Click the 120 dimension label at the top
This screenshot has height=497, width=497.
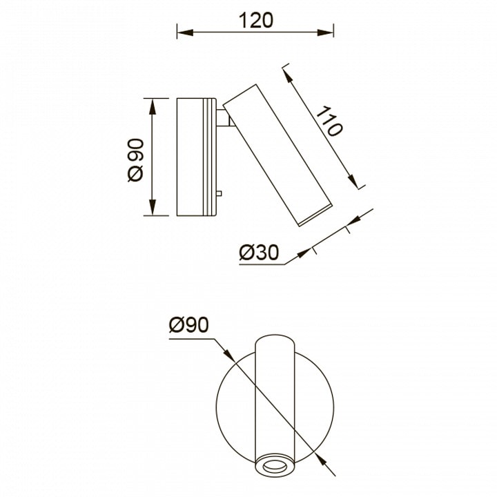[255, 20]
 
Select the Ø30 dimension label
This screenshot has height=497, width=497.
[259, 253]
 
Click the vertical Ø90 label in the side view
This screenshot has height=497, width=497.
[135, 159]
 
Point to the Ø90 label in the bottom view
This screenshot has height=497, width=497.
[189, 325]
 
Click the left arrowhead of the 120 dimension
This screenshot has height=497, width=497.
[185, 32]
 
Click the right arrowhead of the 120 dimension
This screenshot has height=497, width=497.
[325, 32]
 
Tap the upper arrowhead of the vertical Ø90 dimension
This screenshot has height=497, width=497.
[153, 106]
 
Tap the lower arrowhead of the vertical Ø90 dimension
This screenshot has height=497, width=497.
[153, 208]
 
